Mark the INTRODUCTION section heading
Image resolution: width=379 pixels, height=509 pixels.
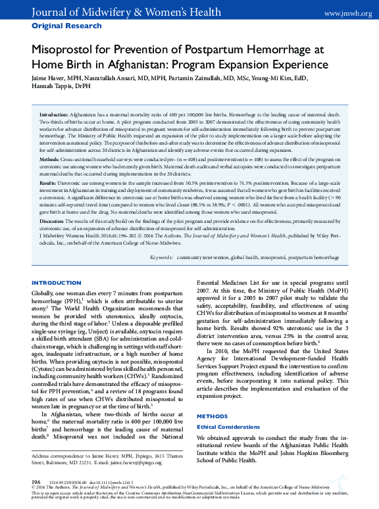57,283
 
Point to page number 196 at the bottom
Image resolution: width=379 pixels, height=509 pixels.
37,482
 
